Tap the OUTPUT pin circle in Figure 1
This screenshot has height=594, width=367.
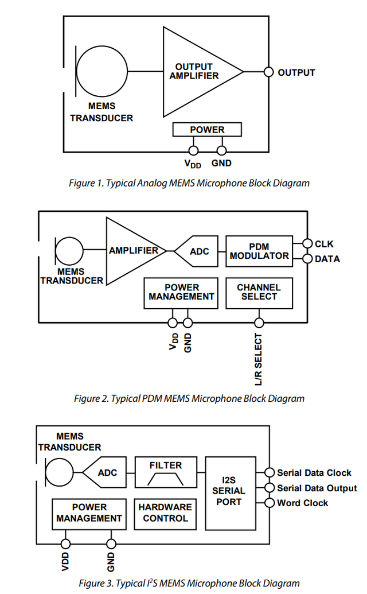(268, 72)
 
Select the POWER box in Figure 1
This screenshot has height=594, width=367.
(207, 130)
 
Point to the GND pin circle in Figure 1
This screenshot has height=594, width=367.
(222, 150)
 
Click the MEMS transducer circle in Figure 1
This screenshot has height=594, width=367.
(102, 71)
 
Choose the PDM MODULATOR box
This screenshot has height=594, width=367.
(259, 251)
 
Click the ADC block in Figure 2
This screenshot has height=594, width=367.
(197, 251)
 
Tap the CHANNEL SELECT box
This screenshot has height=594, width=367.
(259, 293)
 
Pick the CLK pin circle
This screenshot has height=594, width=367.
(307, 243)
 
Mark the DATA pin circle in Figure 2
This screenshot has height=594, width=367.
(307, 259)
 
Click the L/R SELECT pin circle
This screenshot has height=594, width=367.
(259, 323)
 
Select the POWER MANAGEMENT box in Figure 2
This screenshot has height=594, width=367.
(181, 293)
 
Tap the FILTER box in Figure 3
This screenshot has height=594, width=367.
(166, 472)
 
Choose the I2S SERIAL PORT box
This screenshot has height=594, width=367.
(231, 493)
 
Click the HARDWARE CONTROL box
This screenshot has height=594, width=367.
(165, 514)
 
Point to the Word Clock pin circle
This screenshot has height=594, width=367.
(270, 503)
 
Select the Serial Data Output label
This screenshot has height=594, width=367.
(317, 488)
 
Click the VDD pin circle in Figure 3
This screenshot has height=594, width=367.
(65, 544)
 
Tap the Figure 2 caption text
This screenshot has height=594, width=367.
(189, 398)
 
